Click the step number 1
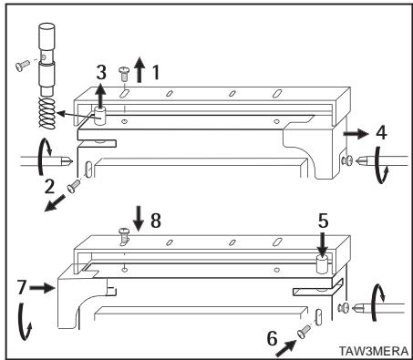[156, 73]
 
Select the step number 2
[49, 186]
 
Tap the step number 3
[101, 72]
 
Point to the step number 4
[381, 133]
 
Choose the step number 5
[323, 221]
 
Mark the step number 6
[273, 338]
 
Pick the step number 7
[21, 287]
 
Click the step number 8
[156, 221]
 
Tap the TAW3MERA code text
[374, 351]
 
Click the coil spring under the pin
[47, 113]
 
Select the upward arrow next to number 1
[139, 69]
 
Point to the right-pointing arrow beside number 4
[356, 134]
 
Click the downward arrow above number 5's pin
[322, 244]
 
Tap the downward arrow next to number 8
[139, 219]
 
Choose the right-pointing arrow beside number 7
[42, 287]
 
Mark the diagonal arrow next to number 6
[286, 348]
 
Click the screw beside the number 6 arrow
[305, 331]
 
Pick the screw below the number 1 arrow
[123, 74]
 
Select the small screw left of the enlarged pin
[23, 66]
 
